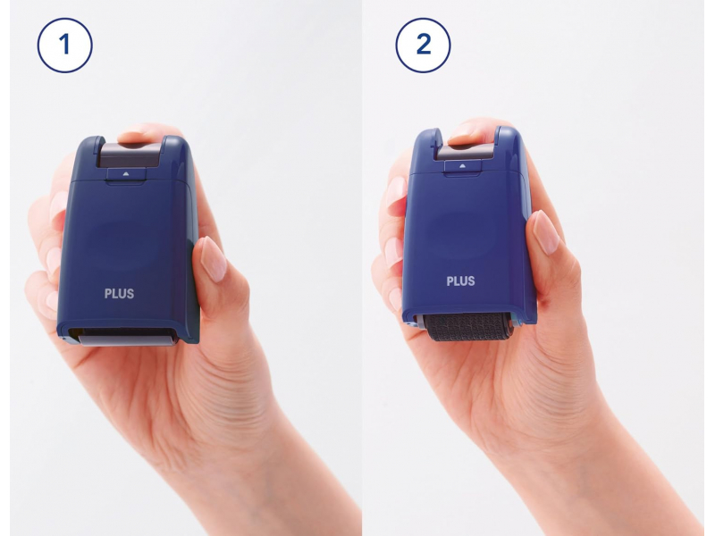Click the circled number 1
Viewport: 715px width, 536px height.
click(64, 46)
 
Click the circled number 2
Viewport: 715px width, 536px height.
click(423, 46)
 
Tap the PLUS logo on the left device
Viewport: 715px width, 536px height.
click(119, 294)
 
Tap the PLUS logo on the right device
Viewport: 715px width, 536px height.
click(460, 281)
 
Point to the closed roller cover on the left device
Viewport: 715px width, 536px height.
click(127, 337)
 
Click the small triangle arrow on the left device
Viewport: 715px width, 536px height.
click(126, 173)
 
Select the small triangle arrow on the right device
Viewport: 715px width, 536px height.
click(462, 166)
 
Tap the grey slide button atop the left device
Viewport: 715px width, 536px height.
click(130, 155)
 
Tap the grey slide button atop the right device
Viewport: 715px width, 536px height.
click(465, 151)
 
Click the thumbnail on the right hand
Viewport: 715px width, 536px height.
click(546, 232)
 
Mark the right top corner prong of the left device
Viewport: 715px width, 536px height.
click(175, 146)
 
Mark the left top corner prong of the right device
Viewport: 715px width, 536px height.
click(429, 139)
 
